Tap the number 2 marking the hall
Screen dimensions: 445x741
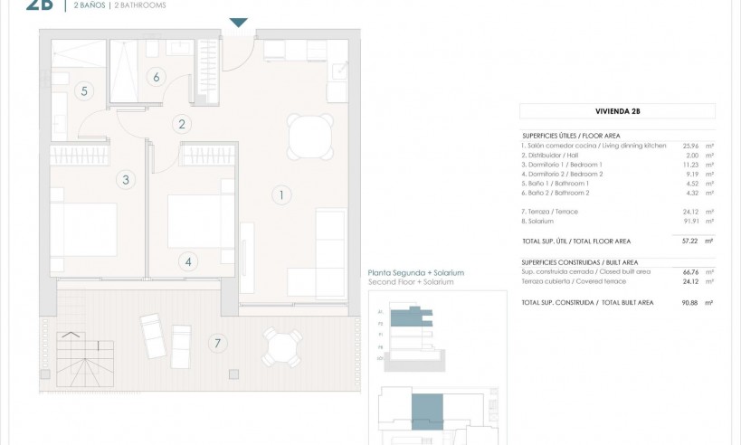click(x=182, y=125)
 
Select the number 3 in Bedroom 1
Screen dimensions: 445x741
click(x=126, y=180)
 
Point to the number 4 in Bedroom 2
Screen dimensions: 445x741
click(x=188, y=262)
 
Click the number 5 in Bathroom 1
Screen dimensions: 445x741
click(x=83, y=90)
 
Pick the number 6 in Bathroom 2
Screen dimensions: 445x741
click(x=157, y=77)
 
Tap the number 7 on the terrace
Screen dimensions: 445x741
click(x=215, y=343)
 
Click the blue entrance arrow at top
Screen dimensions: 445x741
click(x=238, y=23)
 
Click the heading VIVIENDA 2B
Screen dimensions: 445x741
click(x=617, y=111)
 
